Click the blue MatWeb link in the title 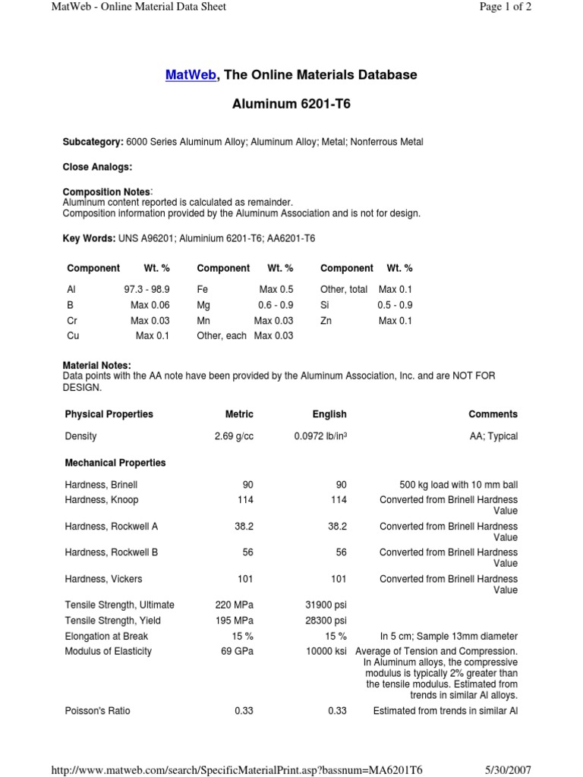(x=191, y=75)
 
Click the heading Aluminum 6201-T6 (x=291, y=104)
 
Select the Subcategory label (x=93, y=142)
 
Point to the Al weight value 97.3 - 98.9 (x=147, y=289)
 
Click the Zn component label (x=326, y=321)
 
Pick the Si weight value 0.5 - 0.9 (x=395, y=305)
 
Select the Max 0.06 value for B (x=150, y=305)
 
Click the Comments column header (x=493, y=414)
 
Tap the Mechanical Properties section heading (x=115, y=462)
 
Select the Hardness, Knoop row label (x=102, y=500)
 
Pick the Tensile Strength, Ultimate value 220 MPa (x=235, y=605)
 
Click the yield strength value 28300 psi (x=326, y=621)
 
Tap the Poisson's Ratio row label (x=98, y=711)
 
